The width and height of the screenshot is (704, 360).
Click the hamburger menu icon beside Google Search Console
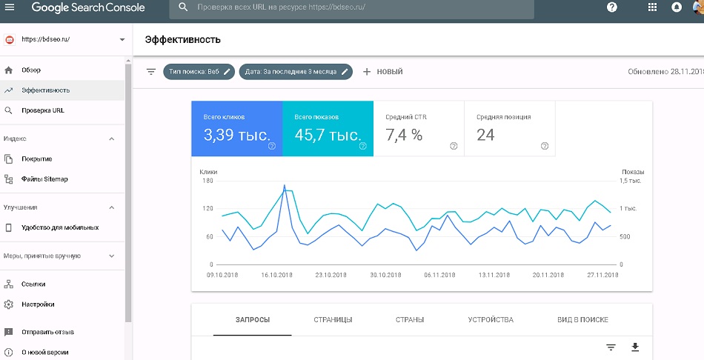click(x=9, y=7)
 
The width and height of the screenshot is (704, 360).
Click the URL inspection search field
click(x=351, y=7)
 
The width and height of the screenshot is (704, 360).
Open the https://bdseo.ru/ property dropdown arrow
click(x=122, y=39)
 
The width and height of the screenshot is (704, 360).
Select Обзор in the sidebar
click(x=31, y=70)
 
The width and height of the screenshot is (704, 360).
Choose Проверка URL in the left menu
click(x=43, y=110)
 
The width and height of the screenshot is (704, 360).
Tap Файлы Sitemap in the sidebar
click(x=44, y=179)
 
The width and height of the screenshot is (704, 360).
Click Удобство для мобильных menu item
click(x=60, y=227)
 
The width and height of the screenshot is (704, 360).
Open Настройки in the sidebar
click(x=38, y=304)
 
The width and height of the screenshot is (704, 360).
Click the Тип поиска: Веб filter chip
click(x=199, y=72)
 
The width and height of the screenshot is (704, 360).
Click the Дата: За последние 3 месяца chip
click(x=296, y=72)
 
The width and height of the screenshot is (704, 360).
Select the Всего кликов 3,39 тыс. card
click(x=237, y=129)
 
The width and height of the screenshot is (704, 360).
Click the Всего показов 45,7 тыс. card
click(x=328, y=129)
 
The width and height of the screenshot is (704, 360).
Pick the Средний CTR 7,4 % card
click(x=419, y=129)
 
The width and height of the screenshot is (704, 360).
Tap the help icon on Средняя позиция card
click(x=545, y=146)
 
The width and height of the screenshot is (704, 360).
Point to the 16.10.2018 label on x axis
click(x=277, y=275)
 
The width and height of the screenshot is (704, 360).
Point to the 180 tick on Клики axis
click(x=208, y=181)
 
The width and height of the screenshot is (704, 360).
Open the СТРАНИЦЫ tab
click(x=333, y=320)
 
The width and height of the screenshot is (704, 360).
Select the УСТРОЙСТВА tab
click(x=491, y=320)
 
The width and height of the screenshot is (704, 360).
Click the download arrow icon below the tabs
click(x=635, y=347)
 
